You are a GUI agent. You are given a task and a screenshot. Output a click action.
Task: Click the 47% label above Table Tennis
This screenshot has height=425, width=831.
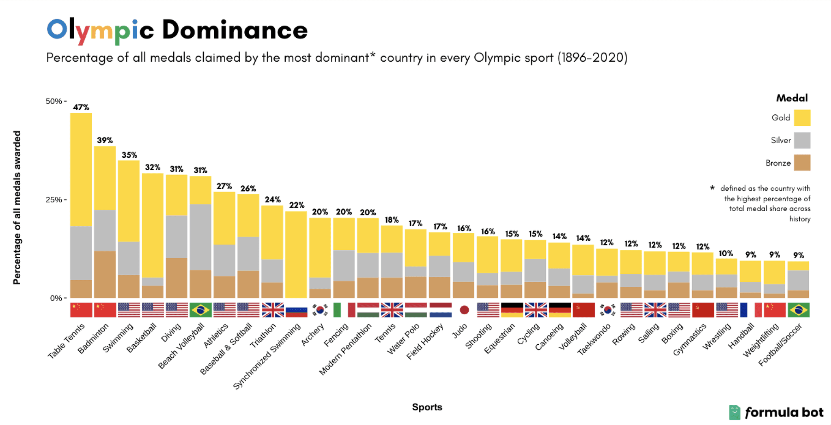coord(81,107)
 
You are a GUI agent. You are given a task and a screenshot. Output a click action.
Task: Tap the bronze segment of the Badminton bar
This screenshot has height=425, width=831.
coord(105,274)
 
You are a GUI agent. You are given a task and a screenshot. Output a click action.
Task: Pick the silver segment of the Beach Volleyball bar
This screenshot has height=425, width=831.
coord(200,237)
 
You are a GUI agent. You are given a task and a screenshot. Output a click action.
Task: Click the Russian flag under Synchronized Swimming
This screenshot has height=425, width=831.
coord(296,310)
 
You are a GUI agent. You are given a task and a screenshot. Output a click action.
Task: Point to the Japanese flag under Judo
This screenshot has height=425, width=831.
coord(464,310)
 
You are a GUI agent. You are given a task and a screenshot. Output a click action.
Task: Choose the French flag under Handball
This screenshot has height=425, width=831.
coord(750,310)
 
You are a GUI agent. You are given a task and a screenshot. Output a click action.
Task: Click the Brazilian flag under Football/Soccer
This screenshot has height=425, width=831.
coord(798,310)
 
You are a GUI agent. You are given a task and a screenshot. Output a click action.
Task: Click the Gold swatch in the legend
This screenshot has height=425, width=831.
coord(802,118)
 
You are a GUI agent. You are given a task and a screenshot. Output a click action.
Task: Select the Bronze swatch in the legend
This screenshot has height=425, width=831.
coord(802,163)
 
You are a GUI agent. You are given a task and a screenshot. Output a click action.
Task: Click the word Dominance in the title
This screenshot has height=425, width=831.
coord(235,30)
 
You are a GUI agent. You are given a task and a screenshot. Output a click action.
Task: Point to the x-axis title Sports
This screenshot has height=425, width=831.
coord(427,407)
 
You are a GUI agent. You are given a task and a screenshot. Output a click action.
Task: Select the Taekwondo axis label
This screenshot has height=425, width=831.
coord(594,339)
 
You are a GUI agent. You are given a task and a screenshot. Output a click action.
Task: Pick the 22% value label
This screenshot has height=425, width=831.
coord(297,205)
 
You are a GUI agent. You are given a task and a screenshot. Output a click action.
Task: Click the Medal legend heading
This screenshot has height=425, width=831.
coord(792,98)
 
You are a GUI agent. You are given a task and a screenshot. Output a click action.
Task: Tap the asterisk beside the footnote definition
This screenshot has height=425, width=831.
coord(712,188)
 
